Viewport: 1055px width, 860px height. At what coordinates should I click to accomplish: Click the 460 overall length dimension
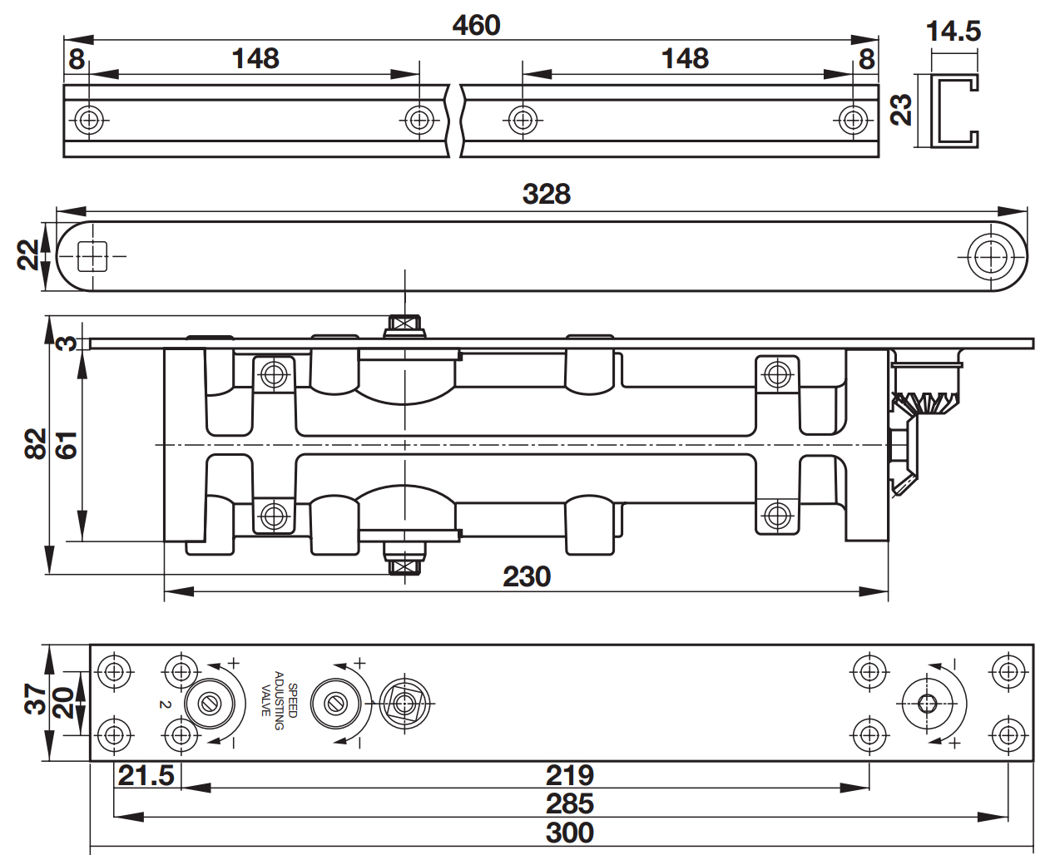(x=476, y=25)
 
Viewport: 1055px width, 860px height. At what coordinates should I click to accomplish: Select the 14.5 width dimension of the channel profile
(x=953, y=32)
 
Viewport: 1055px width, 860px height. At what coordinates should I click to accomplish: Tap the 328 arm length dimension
(x=546, y=194)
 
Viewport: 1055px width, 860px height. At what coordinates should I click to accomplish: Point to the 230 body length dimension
(x=527, y=576)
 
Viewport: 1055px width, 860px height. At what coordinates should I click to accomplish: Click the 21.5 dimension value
(x=146, y=775)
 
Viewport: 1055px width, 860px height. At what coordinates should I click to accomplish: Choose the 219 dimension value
(x=570, y=775)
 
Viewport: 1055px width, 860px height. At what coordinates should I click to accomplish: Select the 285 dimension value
(x=570, y=803)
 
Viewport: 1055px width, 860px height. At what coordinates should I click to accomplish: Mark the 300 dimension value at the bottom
(x=570, y=833)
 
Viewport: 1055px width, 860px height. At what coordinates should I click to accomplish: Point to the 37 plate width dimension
(x=34, y=699)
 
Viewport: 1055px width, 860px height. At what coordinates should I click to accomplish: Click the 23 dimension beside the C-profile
(x=901, y=109)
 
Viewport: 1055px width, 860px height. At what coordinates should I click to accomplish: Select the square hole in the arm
(x=92, y=256)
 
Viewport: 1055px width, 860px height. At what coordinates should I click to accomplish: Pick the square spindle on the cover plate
(x=405, y=704)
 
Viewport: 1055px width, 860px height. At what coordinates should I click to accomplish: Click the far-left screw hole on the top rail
(x=88, y=120)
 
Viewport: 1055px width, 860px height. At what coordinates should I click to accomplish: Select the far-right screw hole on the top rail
(x=853, y=120)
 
